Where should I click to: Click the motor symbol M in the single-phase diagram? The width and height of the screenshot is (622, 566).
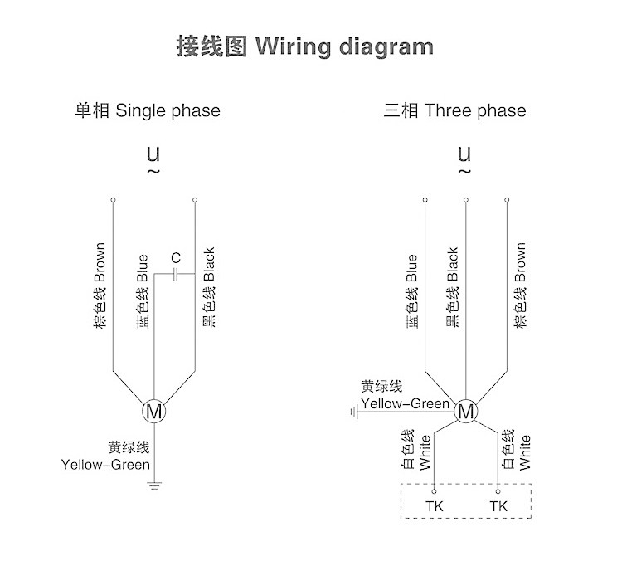point(154,411)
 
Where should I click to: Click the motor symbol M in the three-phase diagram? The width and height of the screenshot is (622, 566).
point(466,411)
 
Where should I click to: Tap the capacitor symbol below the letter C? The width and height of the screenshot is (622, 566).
point(175,274)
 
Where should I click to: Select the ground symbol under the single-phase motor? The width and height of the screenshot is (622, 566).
point(154,485)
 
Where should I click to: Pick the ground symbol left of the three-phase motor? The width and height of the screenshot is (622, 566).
point(355,412)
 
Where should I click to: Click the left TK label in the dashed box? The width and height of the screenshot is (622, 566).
point(435,506)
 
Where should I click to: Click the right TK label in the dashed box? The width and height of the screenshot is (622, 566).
point(498,506)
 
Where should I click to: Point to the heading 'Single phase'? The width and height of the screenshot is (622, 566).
point(168,110)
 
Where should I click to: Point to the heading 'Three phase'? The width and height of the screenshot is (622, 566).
point(475,110)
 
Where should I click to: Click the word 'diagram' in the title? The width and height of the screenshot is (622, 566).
point(386,47)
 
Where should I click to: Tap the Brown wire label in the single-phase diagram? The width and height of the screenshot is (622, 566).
point(100,262)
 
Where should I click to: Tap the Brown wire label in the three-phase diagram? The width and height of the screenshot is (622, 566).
point(520,262)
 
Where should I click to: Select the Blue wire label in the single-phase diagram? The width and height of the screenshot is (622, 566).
point(143,268)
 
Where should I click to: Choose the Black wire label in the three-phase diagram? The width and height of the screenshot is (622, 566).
point(453,265)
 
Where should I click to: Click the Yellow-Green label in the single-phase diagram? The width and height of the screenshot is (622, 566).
point(105,465)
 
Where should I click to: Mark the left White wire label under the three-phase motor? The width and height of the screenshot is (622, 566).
point(425,453)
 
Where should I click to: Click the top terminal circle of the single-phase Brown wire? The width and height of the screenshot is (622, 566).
point(113,200)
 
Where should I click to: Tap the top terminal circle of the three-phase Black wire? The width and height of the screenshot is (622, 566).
point(466,200)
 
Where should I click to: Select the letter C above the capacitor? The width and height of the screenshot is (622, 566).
point(176,258)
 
